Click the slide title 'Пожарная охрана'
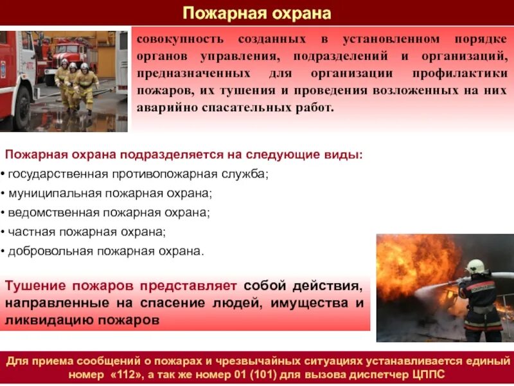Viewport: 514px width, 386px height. coord(257,12)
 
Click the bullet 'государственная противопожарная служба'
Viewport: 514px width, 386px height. coord(137,174)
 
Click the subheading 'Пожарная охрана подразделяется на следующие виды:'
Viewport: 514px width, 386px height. coord(183,155)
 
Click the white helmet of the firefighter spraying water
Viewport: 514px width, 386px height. coord(474,265)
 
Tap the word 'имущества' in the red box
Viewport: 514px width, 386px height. coord(301,302)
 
